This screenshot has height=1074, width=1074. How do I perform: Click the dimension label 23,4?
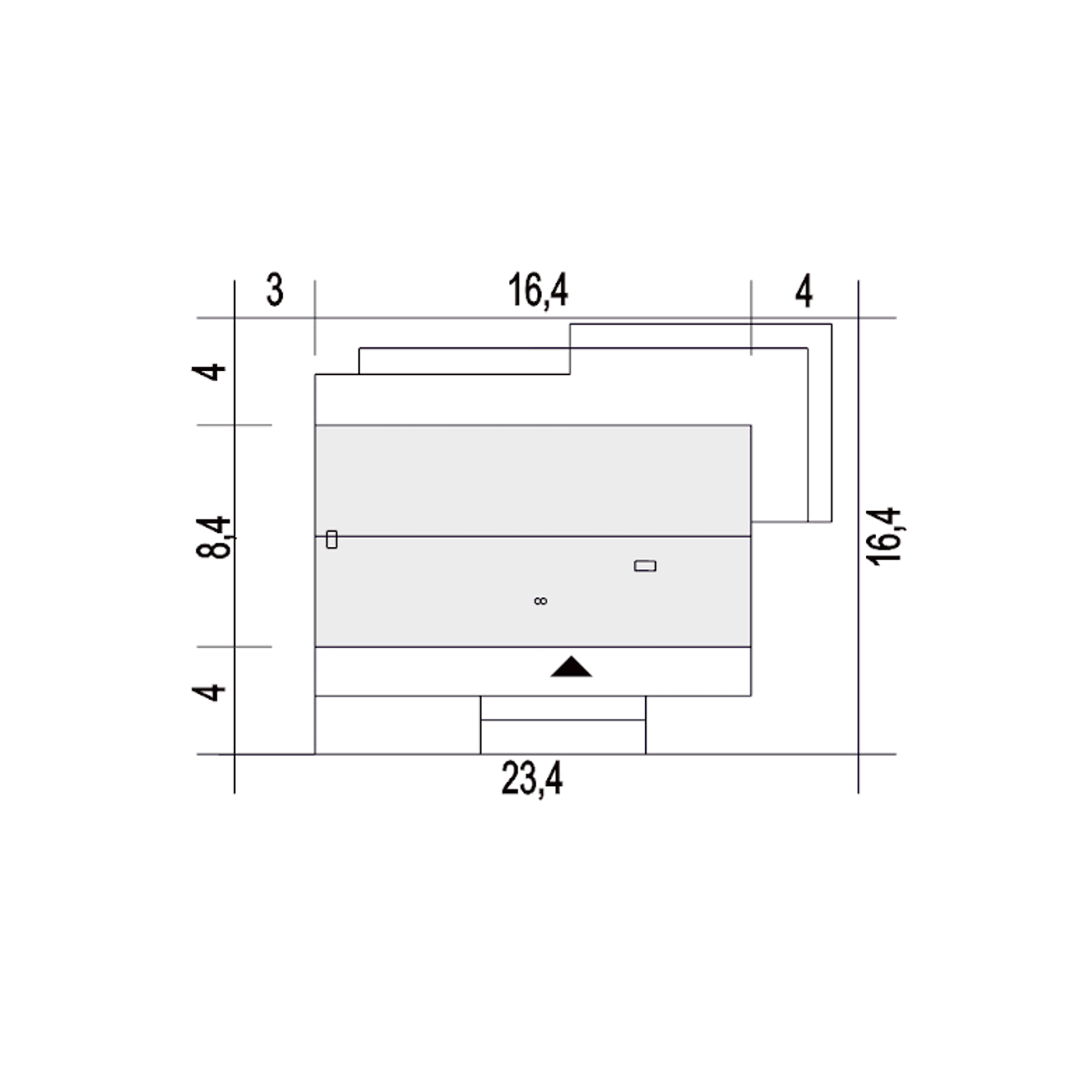click(532, 779)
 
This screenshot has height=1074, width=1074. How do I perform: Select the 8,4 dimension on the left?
click(213, 537)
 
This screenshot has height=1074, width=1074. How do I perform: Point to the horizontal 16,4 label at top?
click(539, 290)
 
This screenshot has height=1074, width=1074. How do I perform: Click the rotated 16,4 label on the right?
click(884, 536)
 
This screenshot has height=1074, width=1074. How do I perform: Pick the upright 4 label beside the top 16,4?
click(803, 290)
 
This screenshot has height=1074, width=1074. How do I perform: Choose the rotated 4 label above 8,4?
click(208, 372)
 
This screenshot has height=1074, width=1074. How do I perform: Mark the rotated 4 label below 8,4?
click(208, 693)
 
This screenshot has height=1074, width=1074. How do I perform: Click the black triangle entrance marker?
click(571, 667)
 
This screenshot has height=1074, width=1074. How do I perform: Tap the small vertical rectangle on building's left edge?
click(331, 540)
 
